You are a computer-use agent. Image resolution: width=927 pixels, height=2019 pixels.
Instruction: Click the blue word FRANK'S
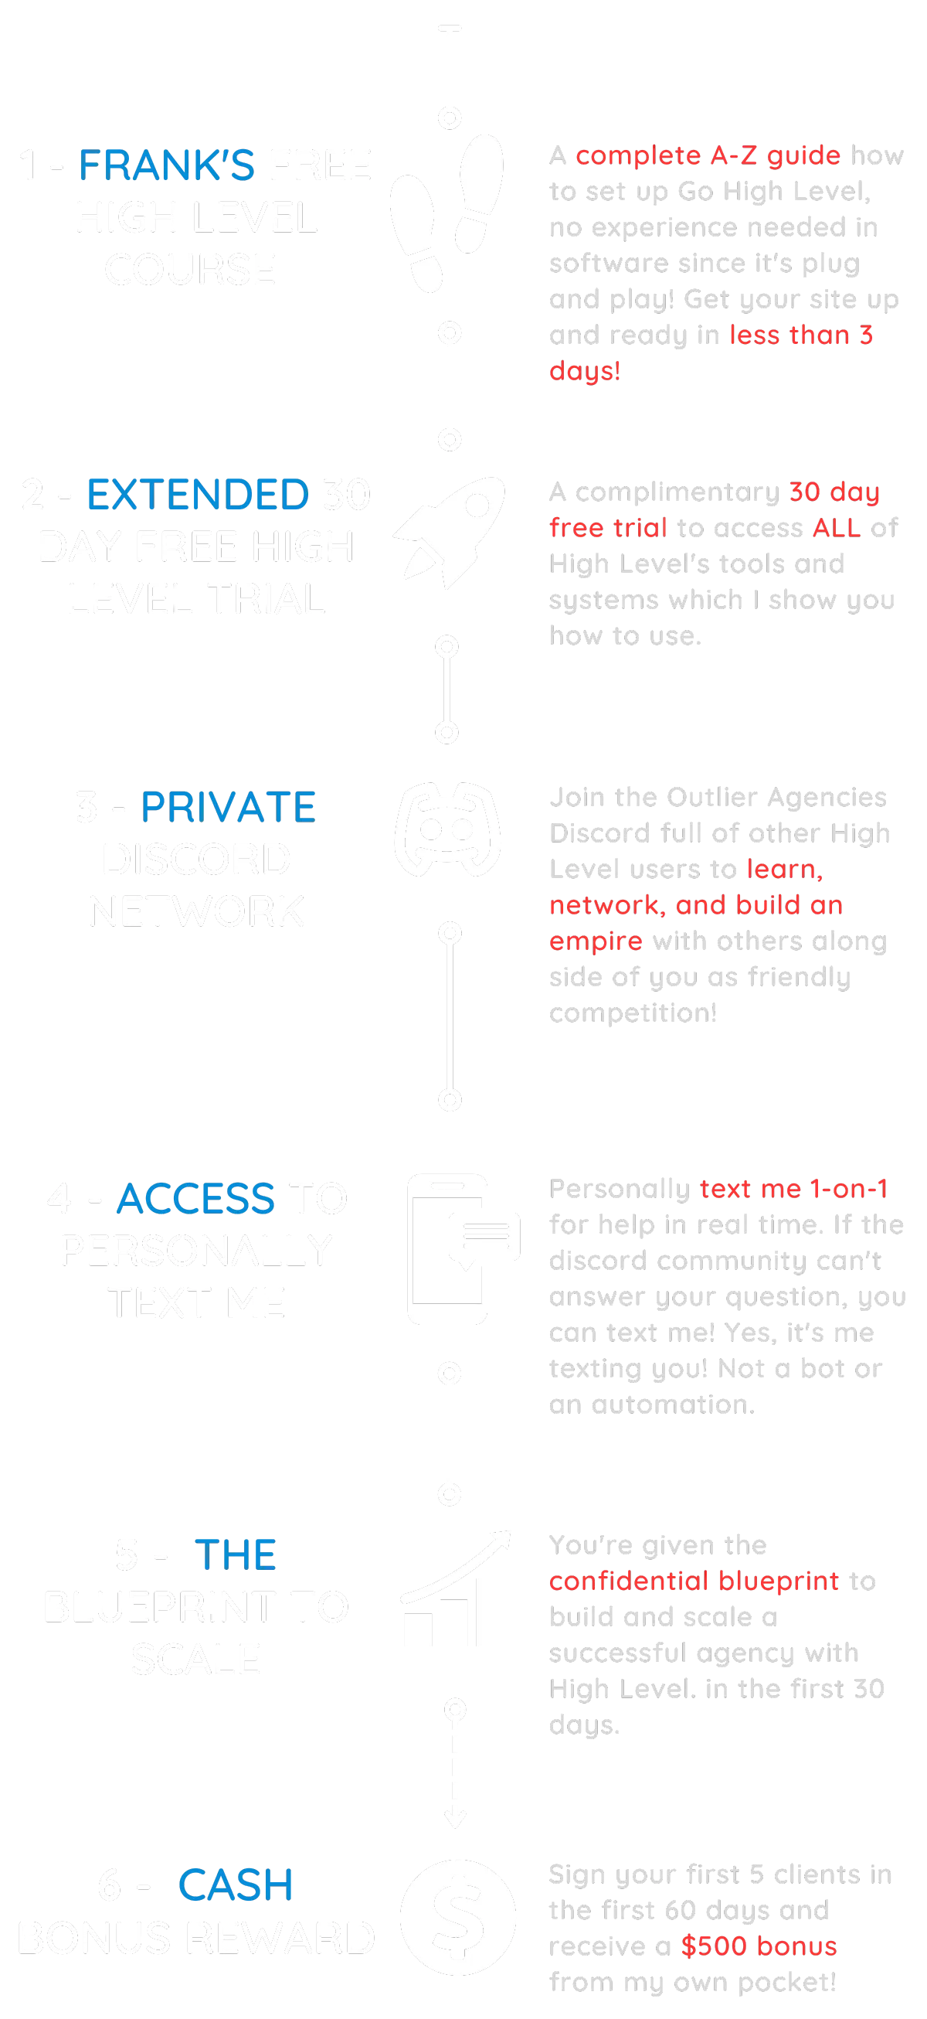click(x=165, y=166)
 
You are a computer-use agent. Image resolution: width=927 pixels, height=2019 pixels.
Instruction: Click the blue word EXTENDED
click(x=197, y=495)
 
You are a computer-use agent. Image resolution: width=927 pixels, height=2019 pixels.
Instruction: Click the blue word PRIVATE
click(x=228, y=807)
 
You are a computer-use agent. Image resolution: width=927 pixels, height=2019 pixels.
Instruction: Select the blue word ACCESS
click(x=197, y=1199)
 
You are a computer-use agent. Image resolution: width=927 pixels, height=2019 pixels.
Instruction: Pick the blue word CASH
click(x=236, y=1886)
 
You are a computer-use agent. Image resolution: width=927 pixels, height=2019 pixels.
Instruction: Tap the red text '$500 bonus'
click(x=759, y=1946)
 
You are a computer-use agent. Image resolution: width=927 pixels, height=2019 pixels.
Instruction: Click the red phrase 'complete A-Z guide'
click(x=707, y=155)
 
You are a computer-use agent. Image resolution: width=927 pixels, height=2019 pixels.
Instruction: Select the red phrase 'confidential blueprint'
click(x=694, y=1581)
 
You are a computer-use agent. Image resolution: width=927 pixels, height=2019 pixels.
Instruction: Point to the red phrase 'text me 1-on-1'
click(x=794, y=1189)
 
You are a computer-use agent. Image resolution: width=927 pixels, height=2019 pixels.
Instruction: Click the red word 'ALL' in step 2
click(x=837, y=527)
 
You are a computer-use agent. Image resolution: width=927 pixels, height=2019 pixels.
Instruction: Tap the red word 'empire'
click(x=596, y=941)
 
